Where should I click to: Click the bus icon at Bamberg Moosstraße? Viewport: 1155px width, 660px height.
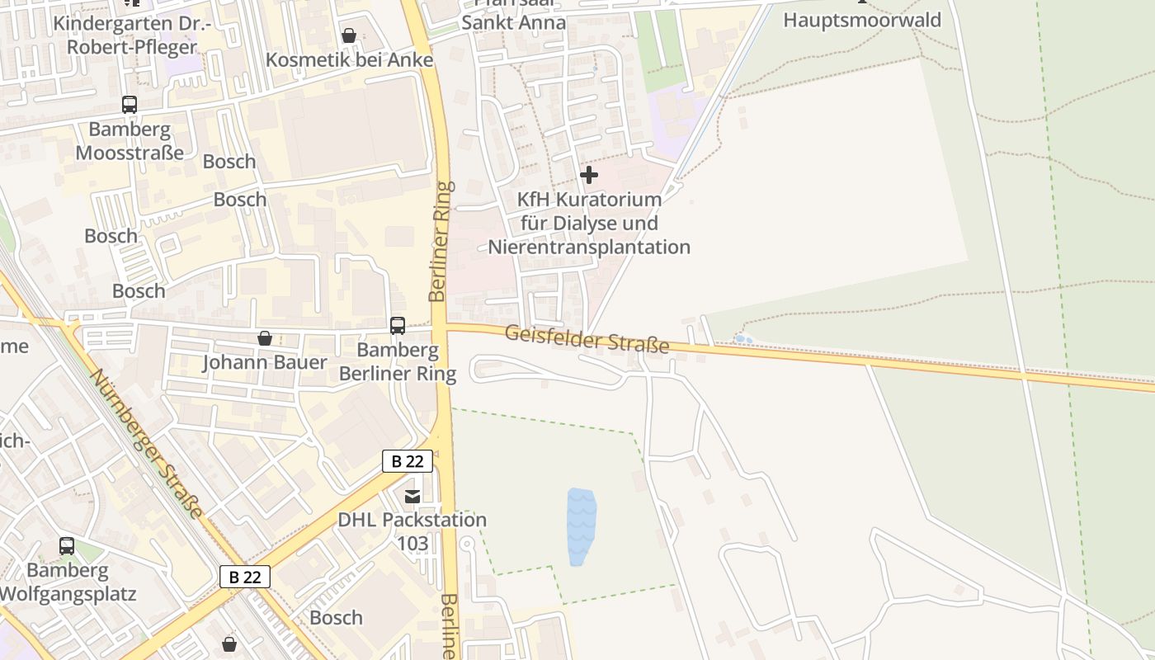(130, 105)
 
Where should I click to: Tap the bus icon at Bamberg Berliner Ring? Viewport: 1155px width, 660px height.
(398, 326)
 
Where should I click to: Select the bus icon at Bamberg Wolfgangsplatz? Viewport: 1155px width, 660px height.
(67, 546)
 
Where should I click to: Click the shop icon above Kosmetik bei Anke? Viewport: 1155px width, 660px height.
(349, 35)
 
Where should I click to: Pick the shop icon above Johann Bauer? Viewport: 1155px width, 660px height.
(265, 338)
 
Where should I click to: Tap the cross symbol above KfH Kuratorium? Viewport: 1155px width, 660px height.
(589, 175)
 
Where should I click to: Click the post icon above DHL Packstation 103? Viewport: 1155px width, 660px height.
(412, 497)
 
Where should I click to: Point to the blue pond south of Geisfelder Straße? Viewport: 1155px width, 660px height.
(581, 526)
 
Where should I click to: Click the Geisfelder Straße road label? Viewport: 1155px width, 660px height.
(587, 338)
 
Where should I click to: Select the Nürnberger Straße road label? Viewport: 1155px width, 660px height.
(147, 444)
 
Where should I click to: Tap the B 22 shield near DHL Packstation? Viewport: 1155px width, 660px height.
(408, 461)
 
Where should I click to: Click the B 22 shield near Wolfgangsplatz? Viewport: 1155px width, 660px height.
(245, 577)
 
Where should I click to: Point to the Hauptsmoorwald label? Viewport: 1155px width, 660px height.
(862, 20)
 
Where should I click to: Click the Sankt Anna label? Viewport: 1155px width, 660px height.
(513, 22)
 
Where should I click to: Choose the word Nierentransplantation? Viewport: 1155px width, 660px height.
(589, 247)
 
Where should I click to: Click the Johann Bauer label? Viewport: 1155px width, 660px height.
(265, 362)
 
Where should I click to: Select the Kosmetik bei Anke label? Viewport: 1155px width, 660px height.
(349, 60)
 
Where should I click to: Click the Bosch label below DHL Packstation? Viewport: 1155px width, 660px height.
(336, 617)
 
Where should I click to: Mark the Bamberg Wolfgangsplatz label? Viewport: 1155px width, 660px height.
(67, 582)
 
